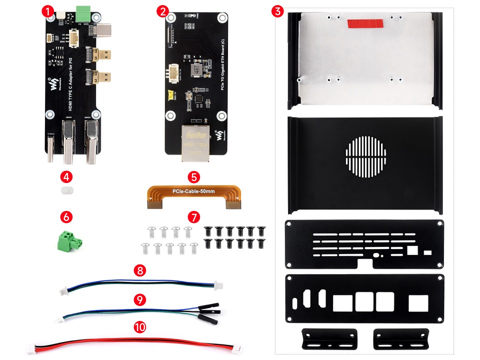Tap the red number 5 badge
tap(194, 177)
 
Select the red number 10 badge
tap(140, 327)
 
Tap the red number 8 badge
tap(140, 271)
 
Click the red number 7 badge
tap(193, 217)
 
